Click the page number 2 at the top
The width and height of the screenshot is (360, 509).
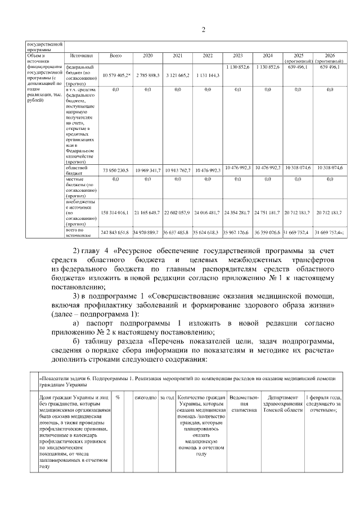click(x=204, y=30)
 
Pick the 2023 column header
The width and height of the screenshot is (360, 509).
click(x=237, y=56)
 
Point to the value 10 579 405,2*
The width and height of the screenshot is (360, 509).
click(x=116, y=74)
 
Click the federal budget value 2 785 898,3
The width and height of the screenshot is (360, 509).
click(x=147, y=74)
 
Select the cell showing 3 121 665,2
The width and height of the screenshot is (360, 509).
click(x=178, y=74)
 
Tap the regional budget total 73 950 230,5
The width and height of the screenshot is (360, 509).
click(x=116, y=170)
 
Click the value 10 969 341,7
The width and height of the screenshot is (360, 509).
click(x=147, y=170)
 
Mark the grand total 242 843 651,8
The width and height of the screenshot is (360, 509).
click(x=116, y=232)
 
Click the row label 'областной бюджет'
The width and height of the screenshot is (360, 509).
click(x=77, y=170)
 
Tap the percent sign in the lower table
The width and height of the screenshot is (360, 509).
click(x=119, y=398)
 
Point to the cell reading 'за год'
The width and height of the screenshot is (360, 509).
click(x=166, y=398)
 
